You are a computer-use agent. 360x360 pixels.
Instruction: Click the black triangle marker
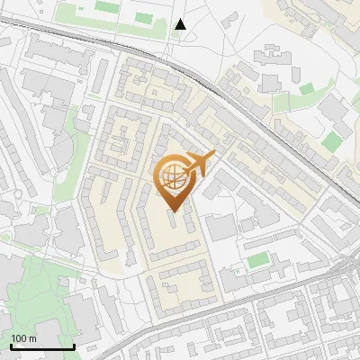tap(181, 24)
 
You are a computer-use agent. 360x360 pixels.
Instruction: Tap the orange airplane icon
tap(200, 165)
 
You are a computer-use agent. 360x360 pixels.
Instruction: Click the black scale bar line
tap(41, 347)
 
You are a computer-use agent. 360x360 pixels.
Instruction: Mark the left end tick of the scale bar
tap(10, 345)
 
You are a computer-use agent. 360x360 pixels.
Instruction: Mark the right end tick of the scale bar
tap(73, 345)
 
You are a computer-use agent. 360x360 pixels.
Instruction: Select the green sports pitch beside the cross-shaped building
tap(258, 260)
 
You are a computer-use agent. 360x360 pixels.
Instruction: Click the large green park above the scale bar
tap(36, 288)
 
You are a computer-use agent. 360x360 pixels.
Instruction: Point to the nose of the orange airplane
tap(213, 156)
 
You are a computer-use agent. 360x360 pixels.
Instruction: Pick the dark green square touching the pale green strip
tap(307, 89)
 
